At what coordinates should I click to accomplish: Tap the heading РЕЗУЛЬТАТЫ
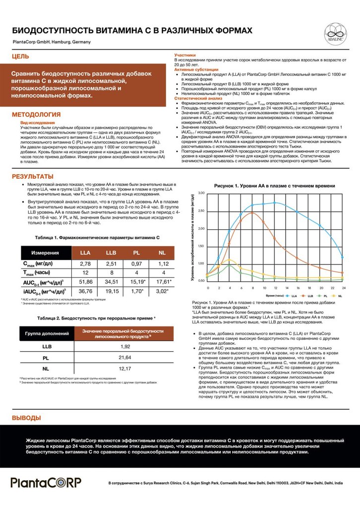pos(32,177)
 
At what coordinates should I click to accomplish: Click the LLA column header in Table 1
pos(85,253)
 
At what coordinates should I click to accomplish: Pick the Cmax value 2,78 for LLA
pos(85,264)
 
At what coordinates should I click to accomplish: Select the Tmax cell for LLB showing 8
pos(111,273)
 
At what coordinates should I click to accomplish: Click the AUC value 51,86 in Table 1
pos(85,282)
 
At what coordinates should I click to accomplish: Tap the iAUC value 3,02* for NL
pos(162,291)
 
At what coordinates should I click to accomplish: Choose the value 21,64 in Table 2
pos(125,357)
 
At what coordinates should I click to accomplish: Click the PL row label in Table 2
pos(46,357)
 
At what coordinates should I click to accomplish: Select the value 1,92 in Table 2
pos(125,346)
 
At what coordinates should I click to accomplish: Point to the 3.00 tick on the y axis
pos(201,193)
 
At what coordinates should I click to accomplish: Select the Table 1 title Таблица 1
pos(98,238)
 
